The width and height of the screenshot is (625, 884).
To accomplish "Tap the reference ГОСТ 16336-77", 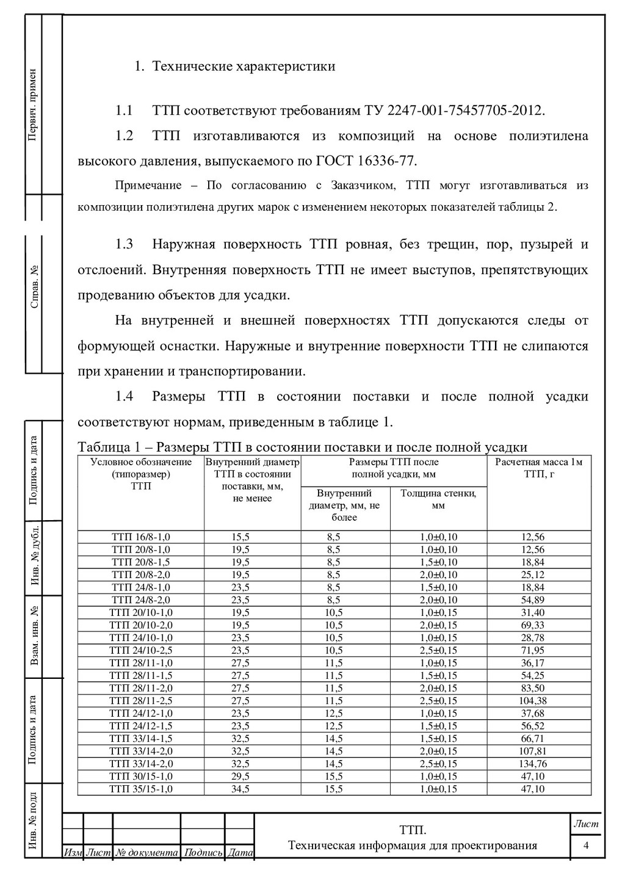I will tap(365, 161).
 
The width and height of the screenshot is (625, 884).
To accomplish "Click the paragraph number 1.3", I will tap(125, 245).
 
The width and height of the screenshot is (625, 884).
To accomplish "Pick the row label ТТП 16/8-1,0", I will tap(141, 537).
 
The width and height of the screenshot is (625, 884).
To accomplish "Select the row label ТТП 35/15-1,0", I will tap(141, 789).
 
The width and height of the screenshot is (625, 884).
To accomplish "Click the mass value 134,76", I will tap(533, 764).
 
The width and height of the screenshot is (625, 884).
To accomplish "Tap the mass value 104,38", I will tap(533, 700).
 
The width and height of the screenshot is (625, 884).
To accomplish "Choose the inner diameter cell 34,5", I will tap(240, 789).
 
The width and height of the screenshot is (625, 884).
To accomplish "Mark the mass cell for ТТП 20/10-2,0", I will tap(533, 625).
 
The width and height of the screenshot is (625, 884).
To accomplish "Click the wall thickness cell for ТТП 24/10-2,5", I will tap(438, 650).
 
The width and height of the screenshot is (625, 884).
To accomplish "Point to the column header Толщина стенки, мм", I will tap(438, 499).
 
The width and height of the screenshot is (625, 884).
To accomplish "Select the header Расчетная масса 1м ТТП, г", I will tap(538, 468).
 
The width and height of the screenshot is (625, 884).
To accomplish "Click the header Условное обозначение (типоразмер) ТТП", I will tap(141, 474).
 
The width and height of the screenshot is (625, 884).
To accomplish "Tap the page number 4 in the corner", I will tap(586, 846).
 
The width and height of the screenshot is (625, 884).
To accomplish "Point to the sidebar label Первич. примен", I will tap(33, 104).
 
